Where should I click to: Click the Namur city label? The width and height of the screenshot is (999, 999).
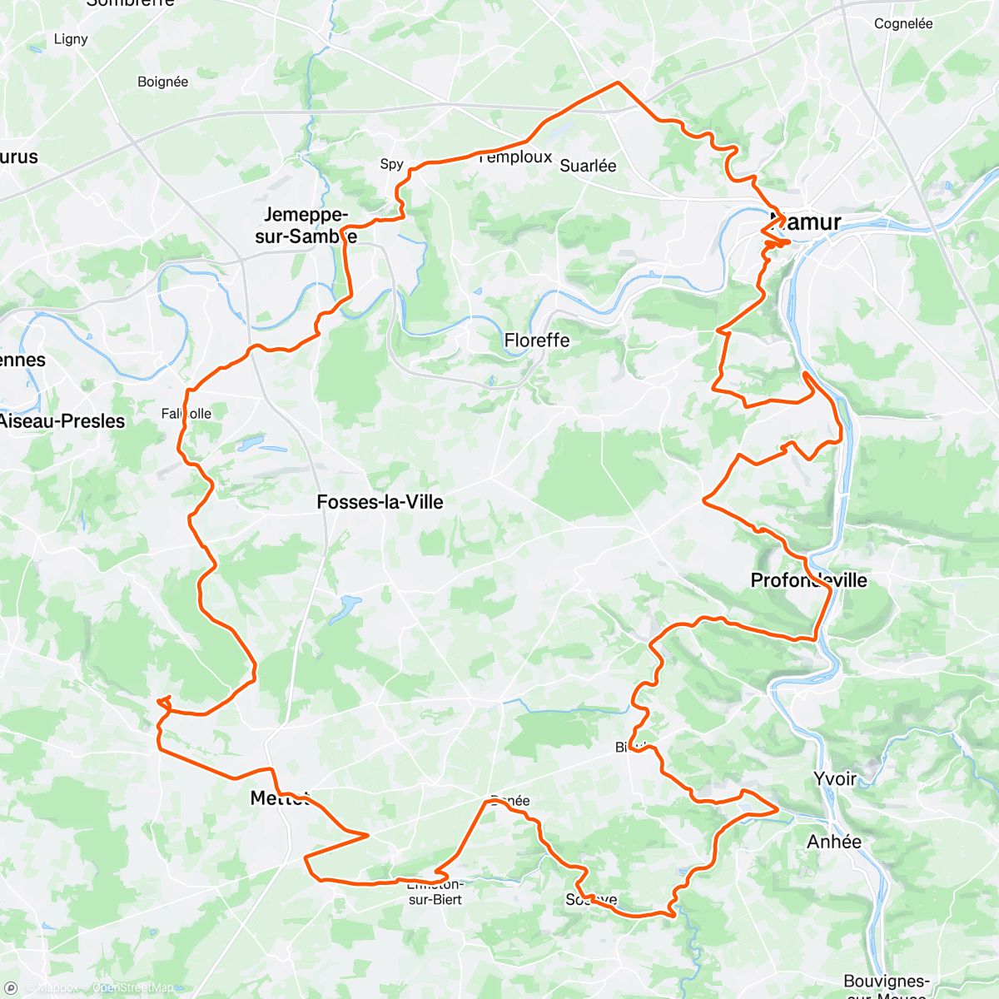point(805,222)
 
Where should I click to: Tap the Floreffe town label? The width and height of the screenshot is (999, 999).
point(537,340)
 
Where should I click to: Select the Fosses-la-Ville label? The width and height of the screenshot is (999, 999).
point(380,502)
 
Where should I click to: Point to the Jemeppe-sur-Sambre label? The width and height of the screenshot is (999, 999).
point(306,226)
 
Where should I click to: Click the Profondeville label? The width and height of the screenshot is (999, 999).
point(808,580)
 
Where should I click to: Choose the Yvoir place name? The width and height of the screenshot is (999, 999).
point(834,778)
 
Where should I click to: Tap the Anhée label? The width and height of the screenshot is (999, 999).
point(834,842)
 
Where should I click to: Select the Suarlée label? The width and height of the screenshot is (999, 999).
point(588,166)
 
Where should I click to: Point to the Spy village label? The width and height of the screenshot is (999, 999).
point(391,164)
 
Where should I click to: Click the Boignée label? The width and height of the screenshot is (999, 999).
point(162,82)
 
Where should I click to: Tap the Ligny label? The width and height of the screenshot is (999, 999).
point(71,39)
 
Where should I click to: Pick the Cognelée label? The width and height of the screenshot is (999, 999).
point(903,24)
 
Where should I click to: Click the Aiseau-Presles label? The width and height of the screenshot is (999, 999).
point(62,421)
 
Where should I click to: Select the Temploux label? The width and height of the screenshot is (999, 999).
point(516,157)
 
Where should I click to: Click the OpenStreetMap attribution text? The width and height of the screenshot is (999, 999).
point(132,988)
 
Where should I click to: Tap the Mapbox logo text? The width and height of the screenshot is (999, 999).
point(57,988)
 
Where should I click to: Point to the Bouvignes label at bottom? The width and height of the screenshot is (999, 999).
point(886,982)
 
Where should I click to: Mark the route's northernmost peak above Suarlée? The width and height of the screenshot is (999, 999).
point(617,82)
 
